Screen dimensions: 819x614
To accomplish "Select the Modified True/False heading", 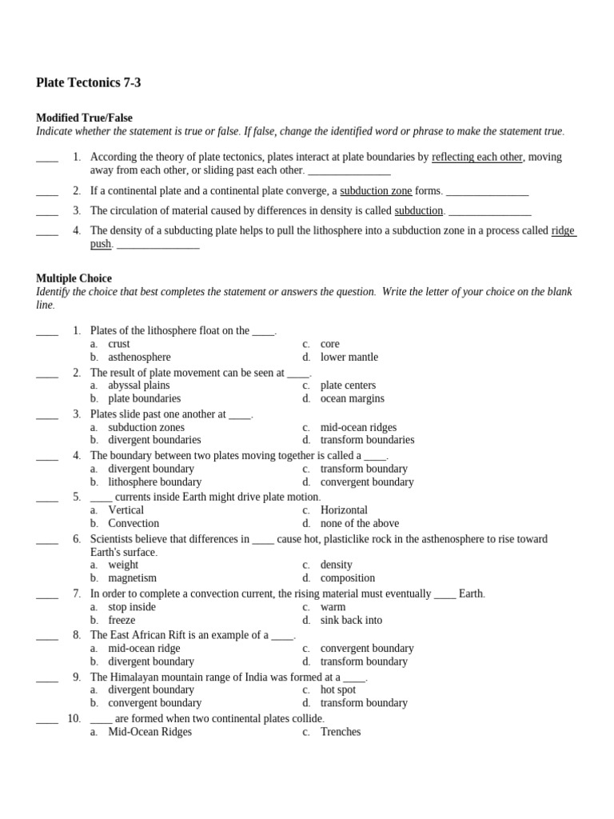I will tap(84, 118).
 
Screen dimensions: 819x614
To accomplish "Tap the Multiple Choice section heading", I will tap(75, 278).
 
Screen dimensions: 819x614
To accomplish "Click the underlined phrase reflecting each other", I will tap(476, 157).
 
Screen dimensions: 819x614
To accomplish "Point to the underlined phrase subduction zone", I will tap(376, 190).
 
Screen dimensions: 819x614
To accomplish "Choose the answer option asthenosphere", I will tap(139, 357).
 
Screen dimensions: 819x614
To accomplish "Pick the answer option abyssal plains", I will tap(139, 385).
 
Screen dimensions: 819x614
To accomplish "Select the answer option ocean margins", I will tap(352, 398).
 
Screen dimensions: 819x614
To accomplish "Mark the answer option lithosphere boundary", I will tap(154, 481).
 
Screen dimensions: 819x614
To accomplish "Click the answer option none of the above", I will tap(359, 523).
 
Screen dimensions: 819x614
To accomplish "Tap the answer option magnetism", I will tap(132, 577).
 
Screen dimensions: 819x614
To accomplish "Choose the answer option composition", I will tap(347, 577).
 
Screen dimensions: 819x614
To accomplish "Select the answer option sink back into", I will tap(351, 619).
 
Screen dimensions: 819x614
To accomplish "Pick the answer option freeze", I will tap(122, 619).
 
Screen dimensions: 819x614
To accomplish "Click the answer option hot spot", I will tap(337, 689).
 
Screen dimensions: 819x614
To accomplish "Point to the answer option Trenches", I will tap(340, 731).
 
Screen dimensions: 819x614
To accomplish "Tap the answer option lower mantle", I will tap(349, 357).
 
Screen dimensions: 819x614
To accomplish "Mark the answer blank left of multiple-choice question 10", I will tap(47, 718).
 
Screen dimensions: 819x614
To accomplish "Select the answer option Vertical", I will tap(126, 509).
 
